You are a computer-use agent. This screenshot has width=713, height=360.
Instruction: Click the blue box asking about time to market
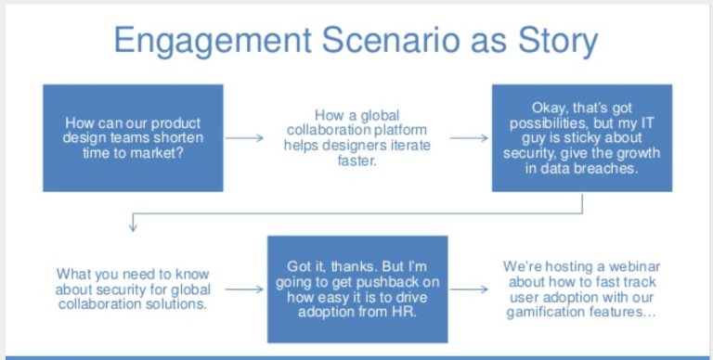click(133, 138)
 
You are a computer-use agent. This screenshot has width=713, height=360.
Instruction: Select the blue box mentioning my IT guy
click(581, 138)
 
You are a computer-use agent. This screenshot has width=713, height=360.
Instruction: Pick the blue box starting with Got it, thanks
click(356, 289)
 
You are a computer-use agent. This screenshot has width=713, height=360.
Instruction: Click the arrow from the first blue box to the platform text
click(245, 138)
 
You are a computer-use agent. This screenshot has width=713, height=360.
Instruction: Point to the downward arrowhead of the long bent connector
click(133, 226)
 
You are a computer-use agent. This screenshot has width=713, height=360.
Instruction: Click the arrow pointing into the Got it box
click(245, 289)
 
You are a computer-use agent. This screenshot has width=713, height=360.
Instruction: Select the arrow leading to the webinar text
click(469, 289)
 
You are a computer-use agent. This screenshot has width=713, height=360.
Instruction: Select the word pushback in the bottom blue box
click(390, 281)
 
